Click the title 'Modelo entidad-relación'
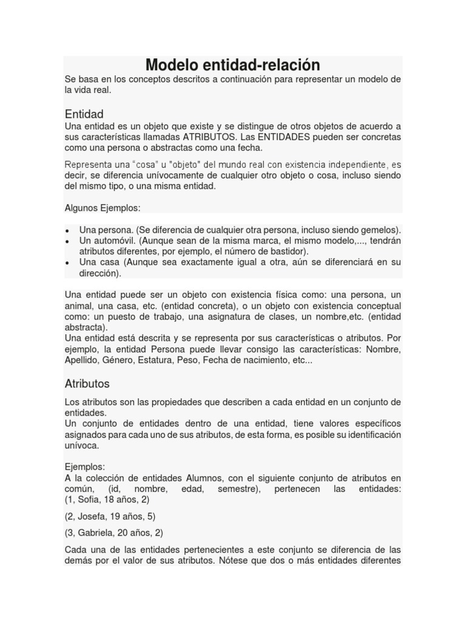point(232,65)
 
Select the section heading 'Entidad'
point(84,114)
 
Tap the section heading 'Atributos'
point(87,384)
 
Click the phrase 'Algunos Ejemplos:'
point(103,208)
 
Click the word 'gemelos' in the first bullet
point(380,230)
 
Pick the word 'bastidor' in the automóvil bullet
point(289,251)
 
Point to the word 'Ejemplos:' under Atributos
point(85,466)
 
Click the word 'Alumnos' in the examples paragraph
point(193,477)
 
